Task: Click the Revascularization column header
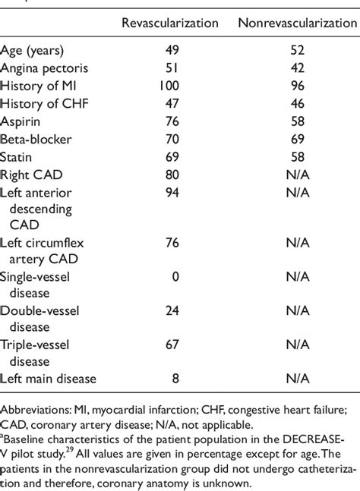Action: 170,24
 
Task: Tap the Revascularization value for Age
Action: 172,52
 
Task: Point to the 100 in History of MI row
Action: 170,87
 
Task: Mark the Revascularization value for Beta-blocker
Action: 172,139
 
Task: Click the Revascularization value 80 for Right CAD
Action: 172,174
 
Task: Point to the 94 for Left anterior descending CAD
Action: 172,191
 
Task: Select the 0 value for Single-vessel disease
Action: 175,275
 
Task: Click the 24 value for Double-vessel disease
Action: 172,310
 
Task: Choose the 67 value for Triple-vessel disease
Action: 172,345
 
